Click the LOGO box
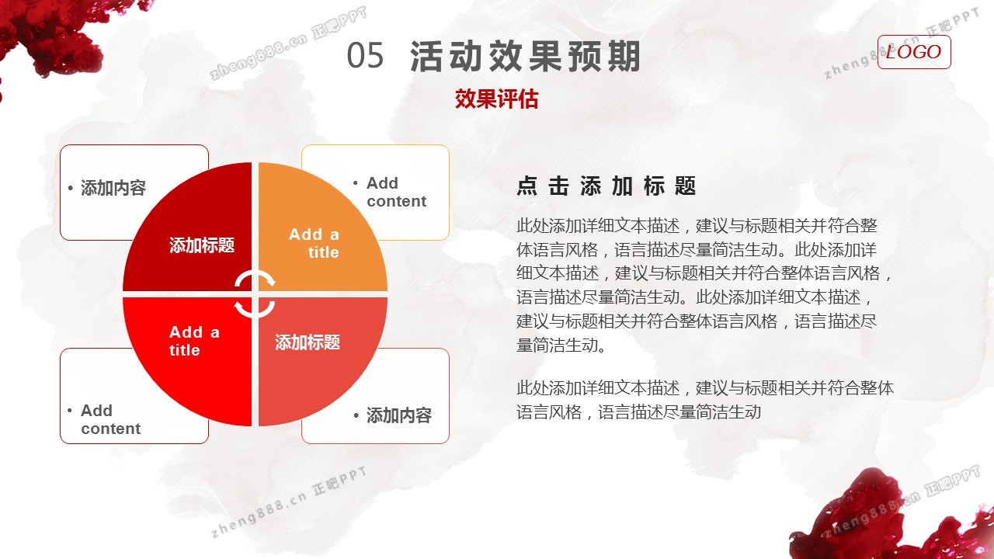coord(914,52)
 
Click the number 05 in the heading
coord(365,55)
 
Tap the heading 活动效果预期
coord(525,56)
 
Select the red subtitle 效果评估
coord(496,99)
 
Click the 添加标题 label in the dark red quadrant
coord(202,245)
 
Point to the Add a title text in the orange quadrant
coord(315,243)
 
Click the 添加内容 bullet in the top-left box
coord(107,188)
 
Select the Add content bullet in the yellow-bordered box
coord(390,192)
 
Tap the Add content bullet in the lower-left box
coord(104,420)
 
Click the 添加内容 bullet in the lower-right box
coord(393,415)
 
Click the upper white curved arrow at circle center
coord(255,279)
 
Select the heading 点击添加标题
coord(606,186)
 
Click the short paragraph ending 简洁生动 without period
coord(705,400)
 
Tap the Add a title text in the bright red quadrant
coord(194,341)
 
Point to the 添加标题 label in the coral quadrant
coord(308,342)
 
